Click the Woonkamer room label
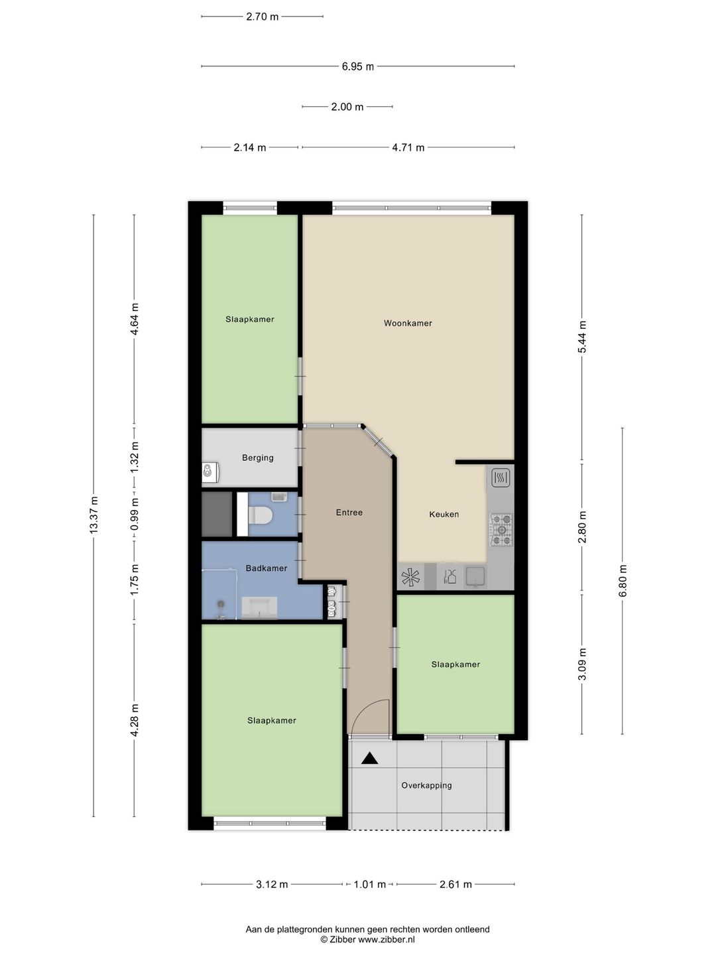click(407, 323)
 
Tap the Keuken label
click(444, 514)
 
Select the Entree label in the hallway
click(349, 512)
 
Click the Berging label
click(258, 458)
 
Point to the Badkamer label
click(266, 568)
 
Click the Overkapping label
click(426, 785)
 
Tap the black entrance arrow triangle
click(369, 758)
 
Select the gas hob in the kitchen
click(502, 529)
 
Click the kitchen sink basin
click(475, 576)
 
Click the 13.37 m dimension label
click(94, 514)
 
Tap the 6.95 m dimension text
click(357, 66)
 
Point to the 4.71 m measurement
click(408, 147)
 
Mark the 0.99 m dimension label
click(135, 514)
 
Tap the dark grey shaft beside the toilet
click(217, 514)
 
